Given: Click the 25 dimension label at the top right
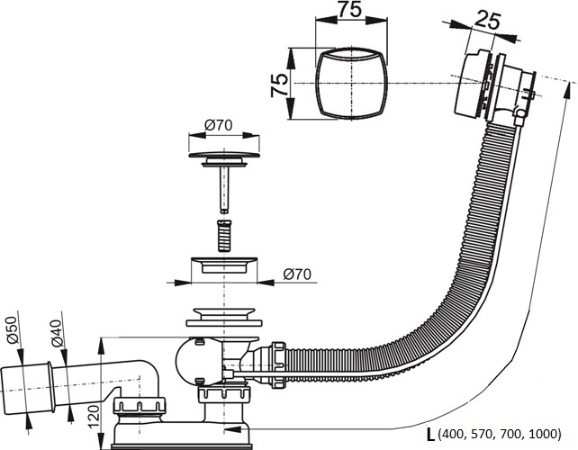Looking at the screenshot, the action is click(x=486, y=21).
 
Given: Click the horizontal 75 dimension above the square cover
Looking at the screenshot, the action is click(x=349, y=9).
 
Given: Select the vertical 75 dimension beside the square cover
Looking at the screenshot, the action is click(x=279, y=85).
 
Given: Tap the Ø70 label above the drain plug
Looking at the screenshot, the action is click(x=218, y=125).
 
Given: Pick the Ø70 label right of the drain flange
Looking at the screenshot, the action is click(x=297, y=274).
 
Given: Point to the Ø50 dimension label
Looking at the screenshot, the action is click(x=13, y=330).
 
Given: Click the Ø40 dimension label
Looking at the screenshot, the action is click(x=56, y=334).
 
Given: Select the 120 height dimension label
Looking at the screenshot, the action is click(x=94, y=417).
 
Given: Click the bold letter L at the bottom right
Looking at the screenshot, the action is click(x=430, y=434).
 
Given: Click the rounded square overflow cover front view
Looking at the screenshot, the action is click(x=351, y=84).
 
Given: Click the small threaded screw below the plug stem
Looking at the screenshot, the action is click(x=224, y=236).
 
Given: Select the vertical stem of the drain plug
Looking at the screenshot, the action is click(x=224, y=189).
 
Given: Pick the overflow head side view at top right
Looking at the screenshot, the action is click(x=494, y=86).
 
